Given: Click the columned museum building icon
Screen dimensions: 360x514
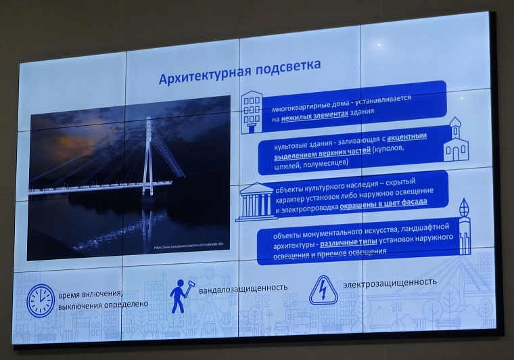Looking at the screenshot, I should pyautogui.click(x=255, y=200).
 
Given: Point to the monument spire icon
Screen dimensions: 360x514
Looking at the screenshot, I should pyautogui.click(x=464, y=227).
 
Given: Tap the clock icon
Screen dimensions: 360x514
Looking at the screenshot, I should pyautogui.click(x=40, y=300).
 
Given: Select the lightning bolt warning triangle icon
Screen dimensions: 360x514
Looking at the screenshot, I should pyautogui.click(x=323, y=290).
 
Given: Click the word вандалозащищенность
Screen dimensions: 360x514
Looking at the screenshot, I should pyautogui.click(x=243, y=288).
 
